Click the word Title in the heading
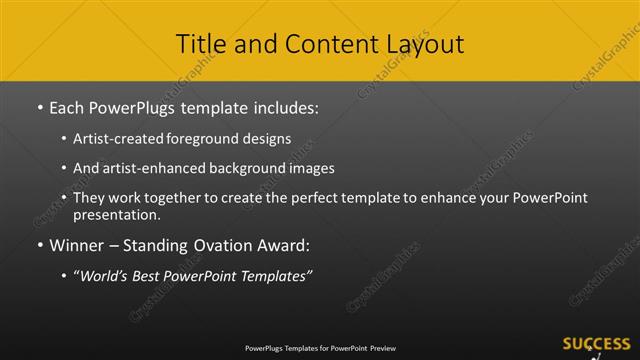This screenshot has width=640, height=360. [198, 44]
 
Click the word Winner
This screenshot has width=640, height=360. [77, 245]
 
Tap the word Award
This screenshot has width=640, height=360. [280, 245]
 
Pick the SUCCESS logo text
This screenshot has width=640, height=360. [596, 343]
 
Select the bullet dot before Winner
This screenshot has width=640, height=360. [39, 246]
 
